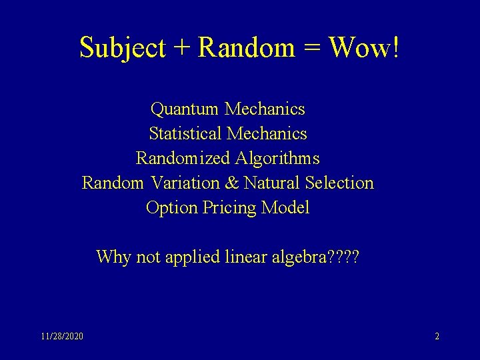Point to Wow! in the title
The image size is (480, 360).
coord(363,47)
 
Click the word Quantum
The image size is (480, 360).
coord(186,108)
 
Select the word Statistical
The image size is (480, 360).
coord(186,133)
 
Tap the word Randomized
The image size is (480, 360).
coord(183,159)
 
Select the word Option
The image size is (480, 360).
coord(167,208)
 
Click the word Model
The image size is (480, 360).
coord(285,207)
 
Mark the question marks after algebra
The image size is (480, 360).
coord(344,257)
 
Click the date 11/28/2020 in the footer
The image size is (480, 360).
coord(62,337)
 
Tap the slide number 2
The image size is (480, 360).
coord(437,337)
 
